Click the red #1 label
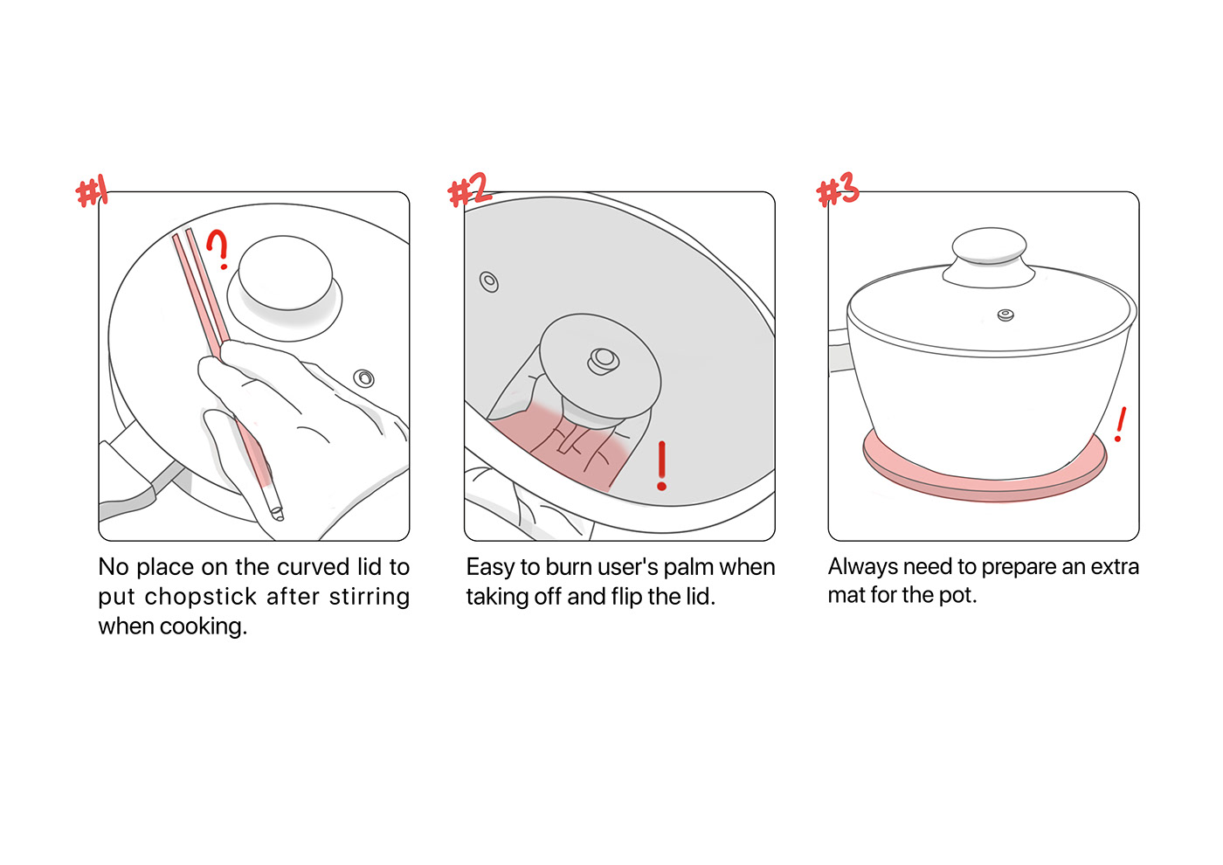91,191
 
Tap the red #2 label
469,190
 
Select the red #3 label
838,189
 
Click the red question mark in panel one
218,248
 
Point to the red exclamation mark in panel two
662,466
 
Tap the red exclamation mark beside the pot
1120,425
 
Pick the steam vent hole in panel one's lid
363,377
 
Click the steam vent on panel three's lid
1005,315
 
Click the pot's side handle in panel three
840,350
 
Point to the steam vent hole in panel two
488,281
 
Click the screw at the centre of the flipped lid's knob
604,359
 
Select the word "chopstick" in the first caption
200,596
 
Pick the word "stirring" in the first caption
369,597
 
